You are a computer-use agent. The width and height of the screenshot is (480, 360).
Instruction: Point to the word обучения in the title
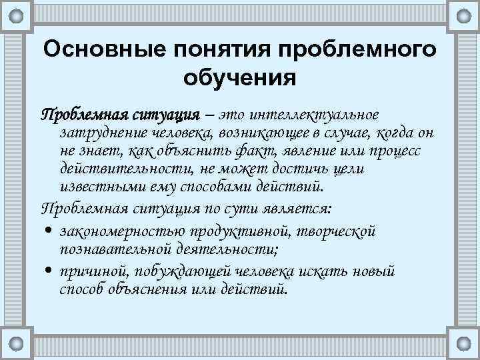[239, 78]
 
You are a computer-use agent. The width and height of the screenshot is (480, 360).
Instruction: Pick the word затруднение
[99, 133]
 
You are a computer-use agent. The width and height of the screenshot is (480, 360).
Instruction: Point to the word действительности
[126, 169]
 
